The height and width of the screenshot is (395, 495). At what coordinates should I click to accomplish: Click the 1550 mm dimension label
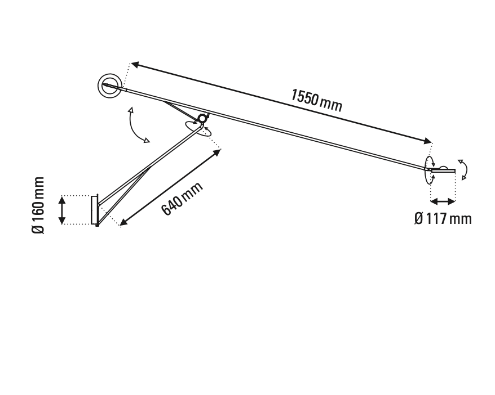[x=316, y=100]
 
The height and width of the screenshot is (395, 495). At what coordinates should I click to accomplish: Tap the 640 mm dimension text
[x=182, y=199]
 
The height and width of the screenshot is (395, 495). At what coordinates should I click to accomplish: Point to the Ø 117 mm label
[x=443, y=218]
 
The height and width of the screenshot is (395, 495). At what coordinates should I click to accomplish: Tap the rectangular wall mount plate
[x=94, y=210]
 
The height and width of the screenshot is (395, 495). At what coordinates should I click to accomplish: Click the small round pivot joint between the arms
[x=202, y=119]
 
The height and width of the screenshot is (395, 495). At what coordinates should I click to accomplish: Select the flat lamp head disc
[x=443, y=170]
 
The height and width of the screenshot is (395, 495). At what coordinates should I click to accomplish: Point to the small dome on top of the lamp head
[x=444, y=167]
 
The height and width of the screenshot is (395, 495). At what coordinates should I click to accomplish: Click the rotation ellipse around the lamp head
[x=429, y=169]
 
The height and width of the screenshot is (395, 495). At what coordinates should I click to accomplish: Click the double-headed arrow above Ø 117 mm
[x=443, y=201]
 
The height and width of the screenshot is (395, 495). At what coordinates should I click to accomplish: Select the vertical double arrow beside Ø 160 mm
[x=63, y=210]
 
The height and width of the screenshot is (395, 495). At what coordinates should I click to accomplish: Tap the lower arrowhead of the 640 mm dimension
[x=123, y=223]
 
